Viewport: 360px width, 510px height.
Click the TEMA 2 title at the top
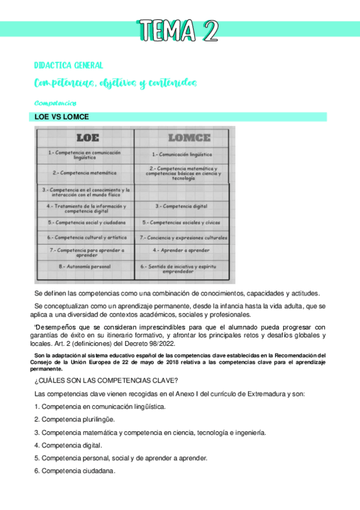pos(178,30)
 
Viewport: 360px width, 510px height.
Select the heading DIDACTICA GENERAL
pos(69,65)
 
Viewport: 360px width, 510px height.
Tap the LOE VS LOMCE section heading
pos(63,117)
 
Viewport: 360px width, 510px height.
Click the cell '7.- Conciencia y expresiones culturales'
pos(183,238)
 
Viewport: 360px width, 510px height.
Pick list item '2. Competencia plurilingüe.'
pos(75,419)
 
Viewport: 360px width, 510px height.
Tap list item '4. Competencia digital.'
pos(68,445)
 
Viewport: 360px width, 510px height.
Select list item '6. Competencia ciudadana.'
pos(75,471)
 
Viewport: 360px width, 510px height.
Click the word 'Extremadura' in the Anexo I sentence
pos(286,393)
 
